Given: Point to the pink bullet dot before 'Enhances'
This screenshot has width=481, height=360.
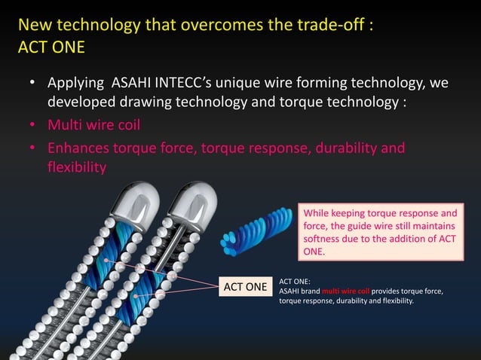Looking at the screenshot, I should pos(32,147).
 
